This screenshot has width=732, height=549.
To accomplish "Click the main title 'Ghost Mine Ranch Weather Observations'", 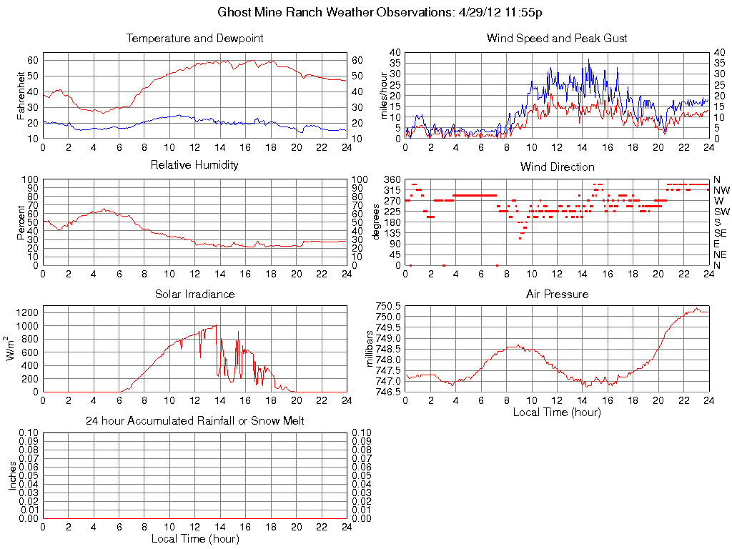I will [335, 13].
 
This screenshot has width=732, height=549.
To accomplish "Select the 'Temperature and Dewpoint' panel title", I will [194, 39].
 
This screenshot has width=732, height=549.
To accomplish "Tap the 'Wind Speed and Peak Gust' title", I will [557, 39].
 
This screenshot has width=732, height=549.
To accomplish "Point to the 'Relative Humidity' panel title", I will [194, 165].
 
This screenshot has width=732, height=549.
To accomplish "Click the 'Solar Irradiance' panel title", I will [194, 294].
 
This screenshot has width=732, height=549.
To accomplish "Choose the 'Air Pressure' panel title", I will [557, 294].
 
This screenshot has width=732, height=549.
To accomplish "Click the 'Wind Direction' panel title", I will [557, 167].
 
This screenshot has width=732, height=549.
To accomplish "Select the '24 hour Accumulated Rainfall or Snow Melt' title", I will [194, 421].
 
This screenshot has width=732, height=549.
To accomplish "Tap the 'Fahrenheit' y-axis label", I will [21, 95].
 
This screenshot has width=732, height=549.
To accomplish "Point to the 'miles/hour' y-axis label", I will [384, 95].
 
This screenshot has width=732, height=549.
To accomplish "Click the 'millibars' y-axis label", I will [370, 348].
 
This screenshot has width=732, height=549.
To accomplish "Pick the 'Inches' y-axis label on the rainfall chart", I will [13, 475].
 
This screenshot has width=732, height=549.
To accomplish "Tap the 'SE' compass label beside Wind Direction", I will [721, 233].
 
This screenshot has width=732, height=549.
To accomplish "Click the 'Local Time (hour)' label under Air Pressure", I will [557, 412].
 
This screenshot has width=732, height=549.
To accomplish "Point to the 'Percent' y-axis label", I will [21, 222].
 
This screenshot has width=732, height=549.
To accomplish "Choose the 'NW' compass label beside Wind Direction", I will [721, 190].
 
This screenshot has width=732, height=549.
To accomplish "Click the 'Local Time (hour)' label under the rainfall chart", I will [194, 538].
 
